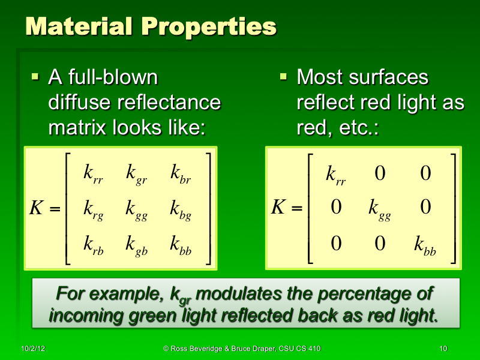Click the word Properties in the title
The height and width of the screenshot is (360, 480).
(x=206, y=27)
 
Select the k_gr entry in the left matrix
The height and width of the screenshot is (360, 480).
(x=137, y=175)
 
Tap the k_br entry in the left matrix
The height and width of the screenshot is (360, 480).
(x=181, y=175)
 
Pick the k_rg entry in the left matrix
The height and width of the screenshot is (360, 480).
(x=93, y=211)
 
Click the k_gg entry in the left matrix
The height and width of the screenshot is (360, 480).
(x=137, y=211)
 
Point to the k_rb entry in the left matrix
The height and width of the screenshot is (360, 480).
(x=93, y=245)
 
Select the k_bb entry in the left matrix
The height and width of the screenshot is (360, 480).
(x=181, y=245)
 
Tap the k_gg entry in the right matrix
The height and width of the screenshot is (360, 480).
(x=379, y=210)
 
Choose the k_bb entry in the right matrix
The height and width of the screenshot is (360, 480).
(x=425, y=245)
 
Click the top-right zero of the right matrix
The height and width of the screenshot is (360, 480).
(x=425, y=173)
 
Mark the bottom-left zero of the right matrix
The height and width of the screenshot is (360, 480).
(x=336, y=243)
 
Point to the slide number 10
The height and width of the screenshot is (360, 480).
(x=443, y=349)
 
